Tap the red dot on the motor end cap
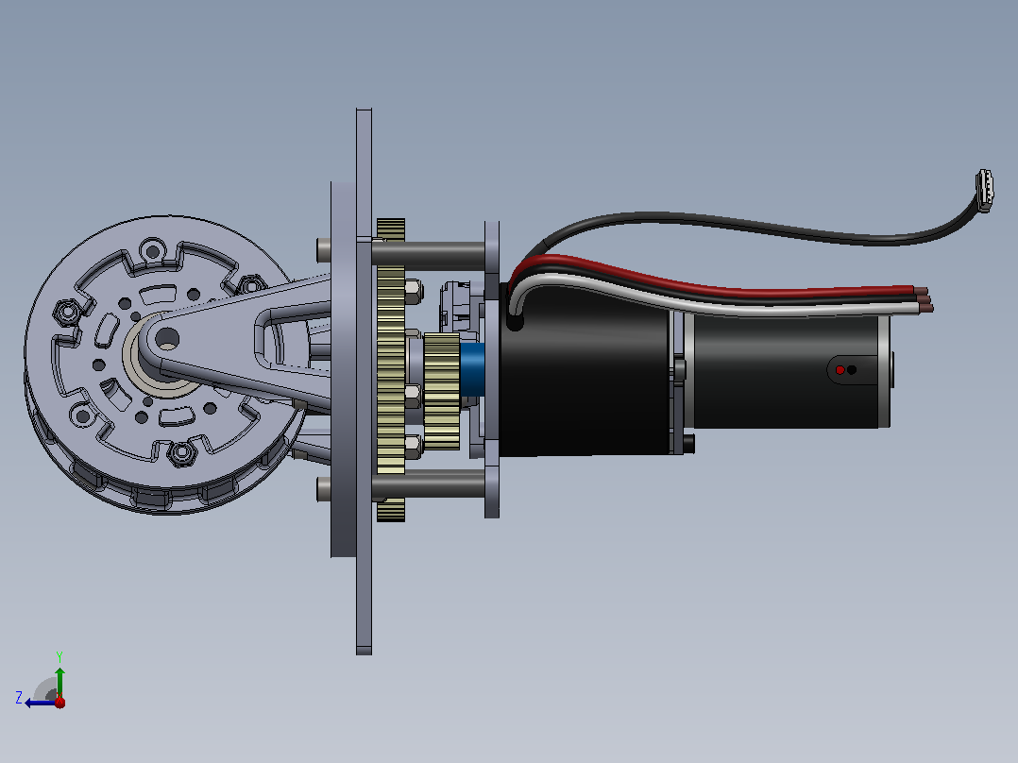(x=840, y=370)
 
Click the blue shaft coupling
(x=472, y=369)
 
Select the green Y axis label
(x=59, y=656)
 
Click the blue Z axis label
(x=19, y=698)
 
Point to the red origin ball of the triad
(x=59, y=702)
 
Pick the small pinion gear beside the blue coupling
(x=442, y=392)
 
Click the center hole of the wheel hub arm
(x=167, y=338)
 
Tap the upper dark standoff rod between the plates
(x=429, y=255)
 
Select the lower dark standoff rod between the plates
(x=429, y=484)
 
